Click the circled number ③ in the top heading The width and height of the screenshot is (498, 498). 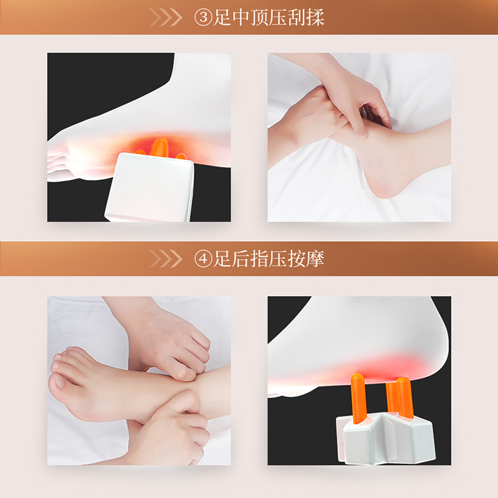point(203,17)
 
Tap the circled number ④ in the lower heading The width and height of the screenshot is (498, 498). point(203,259)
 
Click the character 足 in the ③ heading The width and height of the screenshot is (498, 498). point(222,17)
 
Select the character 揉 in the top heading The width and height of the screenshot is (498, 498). point(315,17)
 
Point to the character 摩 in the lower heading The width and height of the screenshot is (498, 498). point(315,259)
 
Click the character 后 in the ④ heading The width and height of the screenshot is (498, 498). point(241,259)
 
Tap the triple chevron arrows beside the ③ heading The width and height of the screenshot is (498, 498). point(165,17)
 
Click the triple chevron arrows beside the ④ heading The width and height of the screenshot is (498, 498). point(165,259)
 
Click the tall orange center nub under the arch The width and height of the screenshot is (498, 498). point(159,147)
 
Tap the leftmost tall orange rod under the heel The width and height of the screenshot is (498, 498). point(358,398)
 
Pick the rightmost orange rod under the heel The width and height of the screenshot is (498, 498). point(405,398)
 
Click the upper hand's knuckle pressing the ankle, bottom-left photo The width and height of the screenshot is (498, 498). point(184,374)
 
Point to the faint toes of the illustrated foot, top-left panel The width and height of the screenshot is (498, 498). point(60,161)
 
